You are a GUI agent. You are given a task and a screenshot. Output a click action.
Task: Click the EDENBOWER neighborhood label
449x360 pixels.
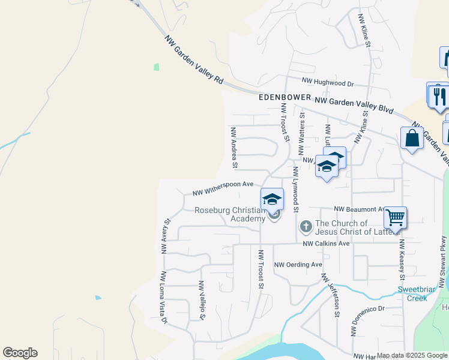tap(285, 97)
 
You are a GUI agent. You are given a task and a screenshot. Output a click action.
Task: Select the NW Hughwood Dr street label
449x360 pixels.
tap(328, 82)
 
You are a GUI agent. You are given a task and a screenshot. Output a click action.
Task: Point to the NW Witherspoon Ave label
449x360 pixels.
tap(223, 188)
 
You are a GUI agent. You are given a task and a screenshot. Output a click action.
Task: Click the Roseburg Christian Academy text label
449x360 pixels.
tap(231, 214)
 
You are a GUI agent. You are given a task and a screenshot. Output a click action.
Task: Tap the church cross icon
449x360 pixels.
tap(306, 227)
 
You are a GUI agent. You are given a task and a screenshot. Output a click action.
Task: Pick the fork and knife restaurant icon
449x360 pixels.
tap(439, 96)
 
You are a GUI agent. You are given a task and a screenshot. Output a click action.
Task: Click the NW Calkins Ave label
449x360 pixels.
tap(326, 244)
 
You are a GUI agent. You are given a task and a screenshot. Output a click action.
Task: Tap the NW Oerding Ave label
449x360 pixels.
tap(298, 265)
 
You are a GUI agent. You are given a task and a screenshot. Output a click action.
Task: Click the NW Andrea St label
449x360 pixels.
tap(234, 147)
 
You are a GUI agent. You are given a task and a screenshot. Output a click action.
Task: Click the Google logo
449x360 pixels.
tap(20, 353)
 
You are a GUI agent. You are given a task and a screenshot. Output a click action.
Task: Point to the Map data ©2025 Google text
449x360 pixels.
tap(412, 355)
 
